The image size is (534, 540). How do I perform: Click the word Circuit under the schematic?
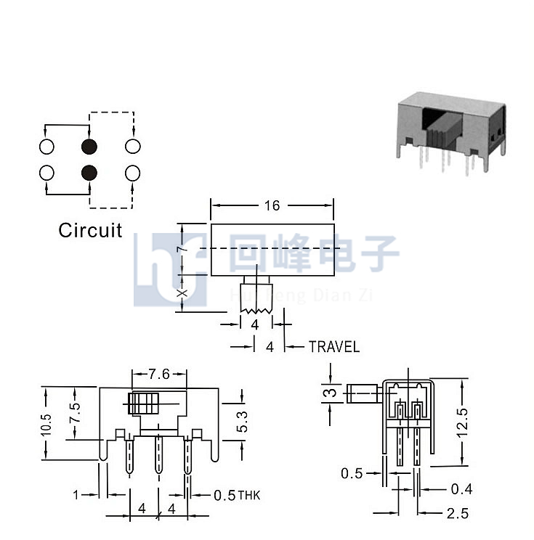pyautogui.click(x=90, y=230)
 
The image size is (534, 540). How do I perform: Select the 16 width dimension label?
pyautogui.click(x=272, y=205)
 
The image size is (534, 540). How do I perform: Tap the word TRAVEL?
pyautogui.click(x=334, y=346)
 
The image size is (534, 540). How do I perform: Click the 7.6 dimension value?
pyautogui.click(x=159, y=374)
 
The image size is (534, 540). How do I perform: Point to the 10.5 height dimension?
pyautogui.click(x=46, y=425)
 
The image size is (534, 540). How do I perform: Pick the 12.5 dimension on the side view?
pyautogui.click(x=462, y=422)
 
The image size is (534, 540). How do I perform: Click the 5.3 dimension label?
pyautogui.click(x=242, y=422)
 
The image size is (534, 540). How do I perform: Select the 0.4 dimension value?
pyautogui.click(x=461, y=488)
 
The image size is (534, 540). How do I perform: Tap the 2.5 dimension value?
pyautogui.click(x=458, y=513)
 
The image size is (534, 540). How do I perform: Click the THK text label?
pyautogui.click(x=249, y=496)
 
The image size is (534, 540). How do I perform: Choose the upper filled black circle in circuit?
pyautogui.click(x=89, y=147)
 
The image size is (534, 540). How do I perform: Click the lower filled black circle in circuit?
pyautogui.click(x=89, y=173)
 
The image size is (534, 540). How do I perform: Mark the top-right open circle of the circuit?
pyautogui.click(x=133, y=147)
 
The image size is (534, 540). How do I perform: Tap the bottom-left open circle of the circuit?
pyautogui.click(x=47, y=173)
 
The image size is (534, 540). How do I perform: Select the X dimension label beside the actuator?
pyautogui.click(x=182, y=293)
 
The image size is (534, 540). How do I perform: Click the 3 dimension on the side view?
pyautogui.click(x=331, y=393)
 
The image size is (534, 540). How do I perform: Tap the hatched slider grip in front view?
pyautogui.click(x=143, y=404)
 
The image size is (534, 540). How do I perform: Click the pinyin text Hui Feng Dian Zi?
pyautogui.click(x=301, y=296)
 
